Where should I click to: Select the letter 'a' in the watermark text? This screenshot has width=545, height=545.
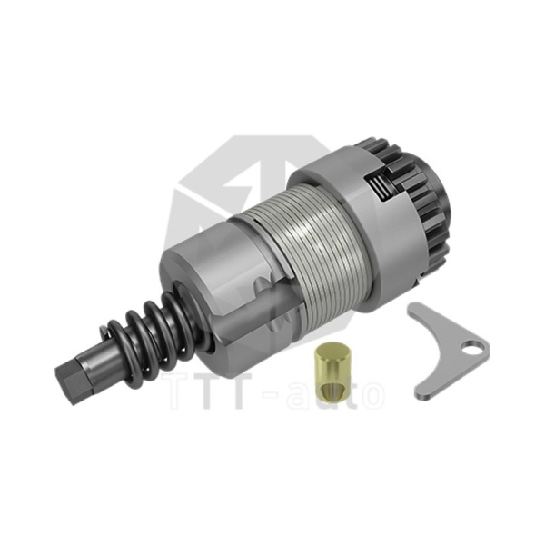pos(303,392)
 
